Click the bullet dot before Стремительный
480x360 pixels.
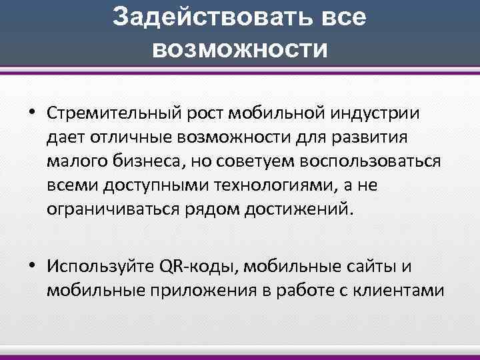coord(31,113)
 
